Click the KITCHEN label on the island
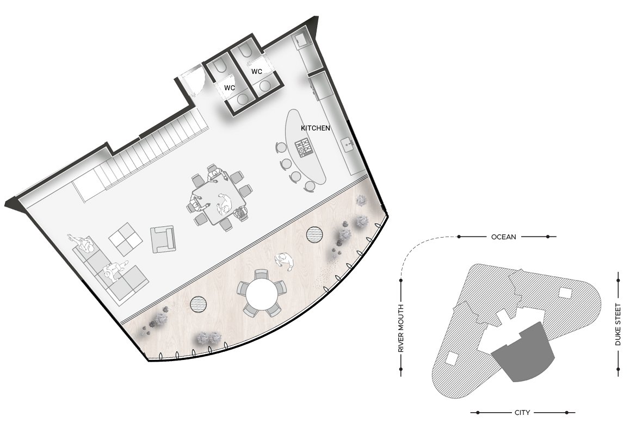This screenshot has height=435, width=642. point(315,128)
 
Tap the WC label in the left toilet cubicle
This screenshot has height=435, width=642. point(229,88)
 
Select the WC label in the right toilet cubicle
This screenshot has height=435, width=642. point(257,72)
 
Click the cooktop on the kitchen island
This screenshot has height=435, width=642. point(304,147)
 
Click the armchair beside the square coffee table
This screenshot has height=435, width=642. point(163,239)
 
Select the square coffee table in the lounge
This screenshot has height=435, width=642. point(126,239)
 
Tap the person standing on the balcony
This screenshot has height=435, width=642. point(285,261)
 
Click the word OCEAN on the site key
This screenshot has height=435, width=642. point(504,237)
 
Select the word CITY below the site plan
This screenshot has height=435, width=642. point(522,413)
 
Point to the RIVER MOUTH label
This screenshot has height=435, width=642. point(401,328)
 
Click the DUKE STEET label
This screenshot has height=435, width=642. point(618,324)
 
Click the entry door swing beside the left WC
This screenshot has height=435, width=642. point(193,80)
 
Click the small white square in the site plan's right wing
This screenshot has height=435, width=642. point(565,293)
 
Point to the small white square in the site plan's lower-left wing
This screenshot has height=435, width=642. point(452,358)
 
